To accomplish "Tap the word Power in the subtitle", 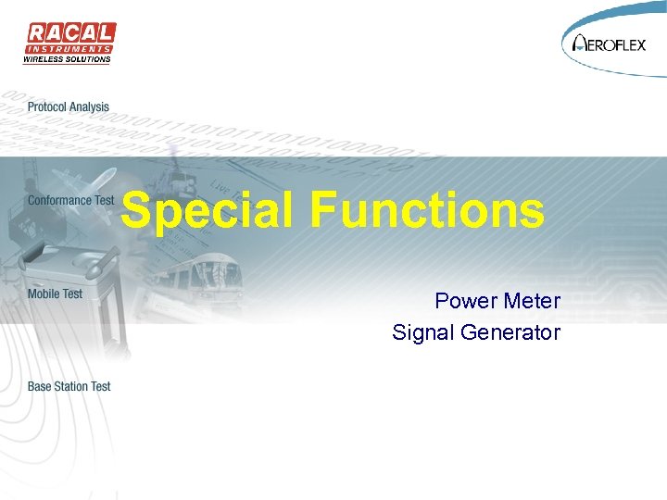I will [x=466, y=301].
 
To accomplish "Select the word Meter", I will [x=532, y=301].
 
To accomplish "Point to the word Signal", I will [x=422, y=331].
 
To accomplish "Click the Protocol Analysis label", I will [x=69, y=107].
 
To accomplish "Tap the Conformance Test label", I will [x=70, y=200].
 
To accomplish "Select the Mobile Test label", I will [x=55, y=294].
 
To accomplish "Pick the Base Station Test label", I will [x=69, y=386].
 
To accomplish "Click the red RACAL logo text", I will [x=69, y=33].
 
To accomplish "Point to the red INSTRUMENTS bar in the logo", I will [x=69, y=48].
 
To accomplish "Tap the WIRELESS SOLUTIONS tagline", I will [x=67, y=59].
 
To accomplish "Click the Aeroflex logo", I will [x=612, y=42].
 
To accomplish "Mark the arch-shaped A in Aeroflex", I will [x=581, y=43].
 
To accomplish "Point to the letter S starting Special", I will [x=136, y=211].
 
